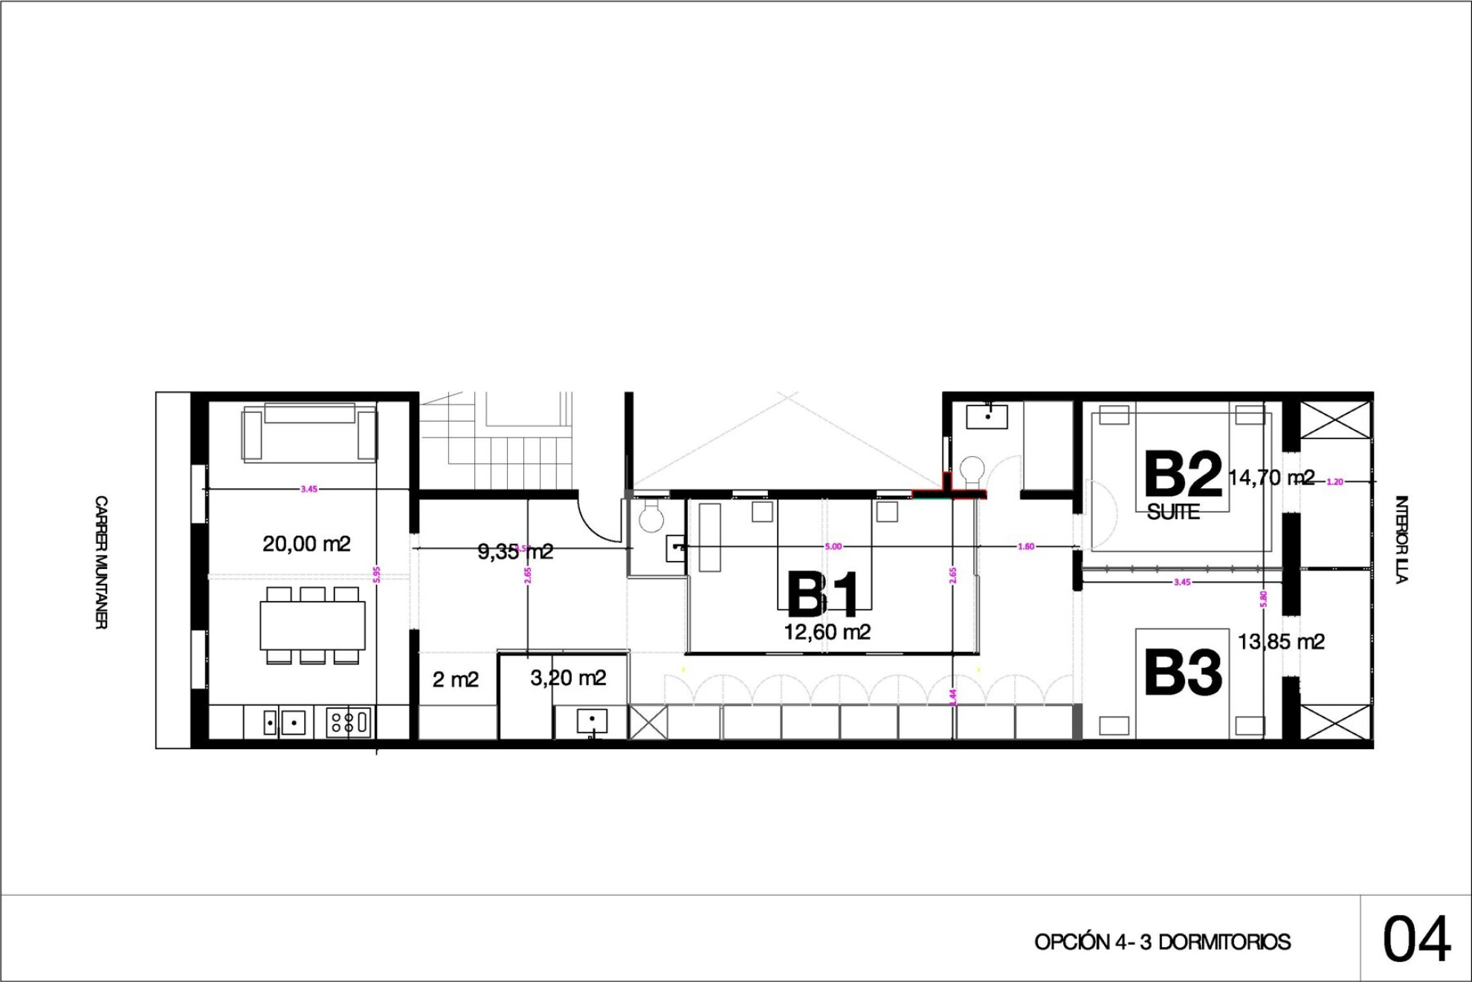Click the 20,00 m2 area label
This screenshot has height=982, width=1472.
click(x=306, y=545)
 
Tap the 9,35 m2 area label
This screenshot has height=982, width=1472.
click(x=515, y=551)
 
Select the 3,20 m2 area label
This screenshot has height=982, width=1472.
click(x=568, y=678)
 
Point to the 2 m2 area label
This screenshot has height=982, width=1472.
click(x=456, y=679)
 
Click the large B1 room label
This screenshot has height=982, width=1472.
click(x=822, y=595)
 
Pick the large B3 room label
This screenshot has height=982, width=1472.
click(x=1182, y=673)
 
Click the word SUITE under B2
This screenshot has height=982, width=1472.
click(x=1173, y=512)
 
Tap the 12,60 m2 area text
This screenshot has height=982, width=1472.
click(x=827, y=632)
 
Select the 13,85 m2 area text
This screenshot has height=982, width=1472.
click(x=1281, y=641)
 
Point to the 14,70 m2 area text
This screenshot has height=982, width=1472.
click(x=1271, y=478)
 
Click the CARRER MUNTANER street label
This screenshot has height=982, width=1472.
click(x=101, y=562)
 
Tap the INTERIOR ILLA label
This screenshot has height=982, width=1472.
click(x=1401, y=539)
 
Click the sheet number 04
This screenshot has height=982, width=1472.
click(x=1416, y=940)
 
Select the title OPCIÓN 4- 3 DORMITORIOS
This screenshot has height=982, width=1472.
click(x=1162, y=943)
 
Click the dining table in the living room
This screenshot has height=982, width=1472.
click(x=312, y=626)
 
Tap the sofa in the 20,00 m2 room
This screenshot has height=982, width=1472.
click(x=309, y=433)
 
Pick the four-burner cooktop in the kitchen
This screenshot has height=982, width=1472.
click(x=348, y=722)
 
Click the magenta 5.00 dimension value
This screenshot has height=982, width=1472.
click(x=833, y=547)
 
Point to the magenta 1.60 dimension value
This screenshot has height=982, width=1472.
click(x=1026, y=547)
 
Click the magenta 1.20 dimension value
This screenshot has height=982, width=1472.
click(x=1335, y=482)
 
